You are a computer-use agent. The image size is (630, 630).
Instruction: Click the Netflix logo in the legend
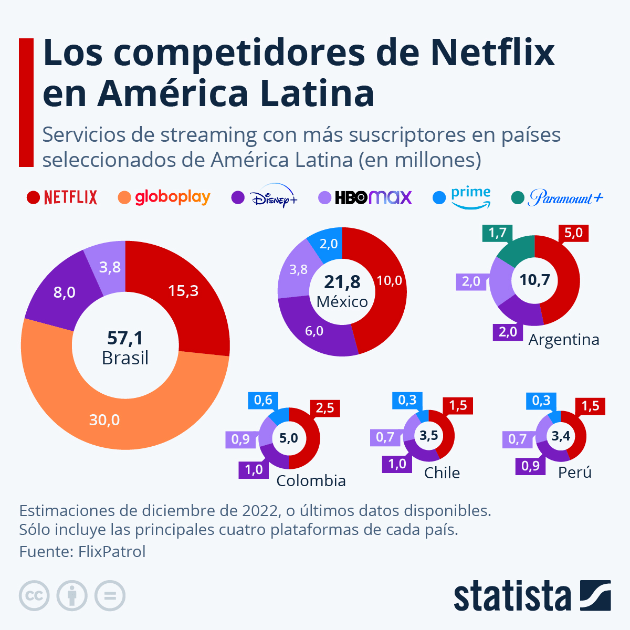[x=70, y=197]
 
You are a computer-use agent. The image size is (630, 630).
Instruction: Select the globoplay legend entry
[x=172, y=197]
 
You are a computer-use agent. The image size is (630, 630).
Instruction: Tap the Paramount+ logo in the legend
[x=565, y=198]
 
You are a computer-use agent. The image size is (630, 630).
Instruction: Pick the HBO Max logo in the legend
[x=373, y=197]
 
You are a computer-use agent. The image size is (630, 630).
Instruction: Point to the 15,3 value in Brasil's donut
[x=183, y=291]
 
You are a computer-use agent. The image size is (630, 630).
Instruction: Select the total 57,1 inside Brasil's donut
[x=125, y=338]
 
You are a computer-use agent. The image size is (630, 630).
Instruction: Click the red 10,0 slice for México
[x=389, y=281]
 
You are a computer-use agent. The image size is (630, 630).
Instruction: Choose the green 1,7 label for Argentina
[x=497, y=233]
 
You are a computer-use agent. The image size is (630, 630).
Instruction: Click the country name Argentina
[x=564, y=340]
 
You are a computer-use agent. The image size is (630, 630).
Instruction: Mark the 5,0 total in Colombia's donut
[x=288, y=438]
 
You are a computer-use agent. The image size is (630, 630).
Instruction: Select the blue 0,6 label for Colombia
[x=263, y=400]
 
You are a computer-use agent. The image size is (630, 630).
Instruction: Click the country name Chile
[x=442, y=472]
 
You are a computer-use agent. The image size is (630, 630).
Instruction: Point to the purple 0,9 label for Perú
[x=530, y=466]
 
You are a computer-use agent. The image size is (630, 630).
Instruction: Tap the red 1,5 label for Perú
[x=590, y=406]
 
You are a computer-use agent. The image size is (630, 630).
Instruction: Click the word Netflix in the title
[x=492, y=52]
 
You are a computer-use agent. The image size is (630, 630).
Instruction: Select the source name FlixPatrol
[x=112, y=552]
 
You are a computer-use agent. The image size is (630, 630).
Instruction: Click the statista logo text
[x=512, y=596]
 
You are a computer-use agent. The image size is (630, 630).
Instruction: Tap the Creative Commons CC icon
[x=34, y=596]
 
